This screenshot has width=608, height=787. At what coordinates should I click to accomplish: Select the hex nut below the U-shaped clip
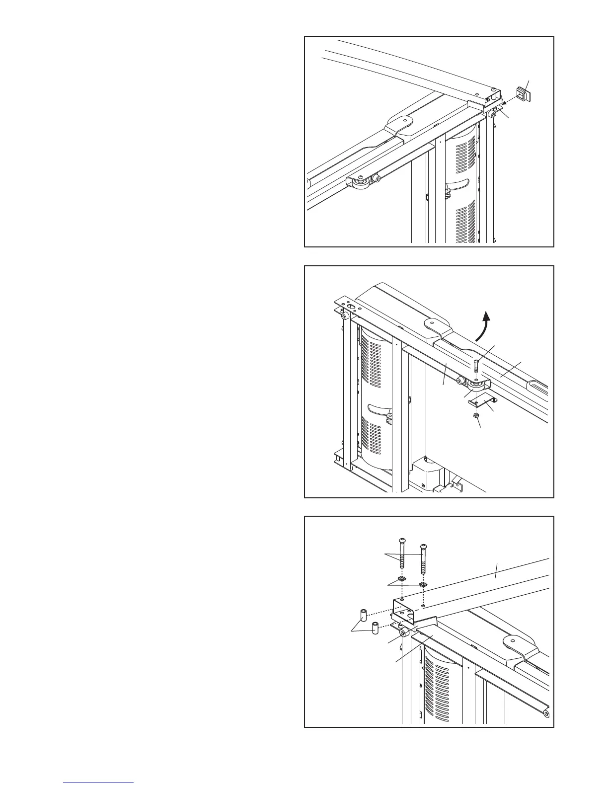pos(475,415)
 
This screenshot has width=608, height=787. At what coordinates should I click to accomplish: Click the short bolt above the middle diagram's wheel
pos(476,367)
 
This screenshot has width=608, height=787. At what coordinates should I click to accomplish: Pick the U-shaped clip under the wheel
pos(479,400)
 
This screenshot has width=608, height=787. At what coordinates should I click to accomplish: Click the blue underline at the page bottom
pos(99,783)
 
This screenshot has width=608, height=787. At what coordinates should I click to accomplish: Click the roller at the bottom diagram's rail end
pos(546,714)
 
